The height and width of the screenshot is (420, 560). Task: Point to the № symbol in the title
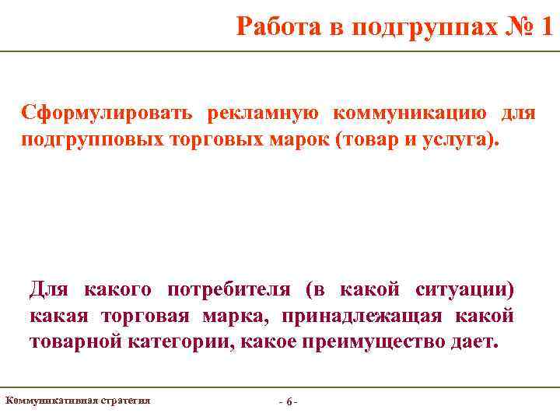[x=511, y=27]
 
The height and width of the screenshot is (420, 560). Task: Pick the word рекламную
[x=262, y=114]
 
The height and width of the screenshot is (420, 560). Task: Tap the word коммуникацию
[x=410, y=114]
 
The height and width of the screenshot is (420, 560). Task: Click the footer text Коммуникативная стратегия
[x=78, y=401]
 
